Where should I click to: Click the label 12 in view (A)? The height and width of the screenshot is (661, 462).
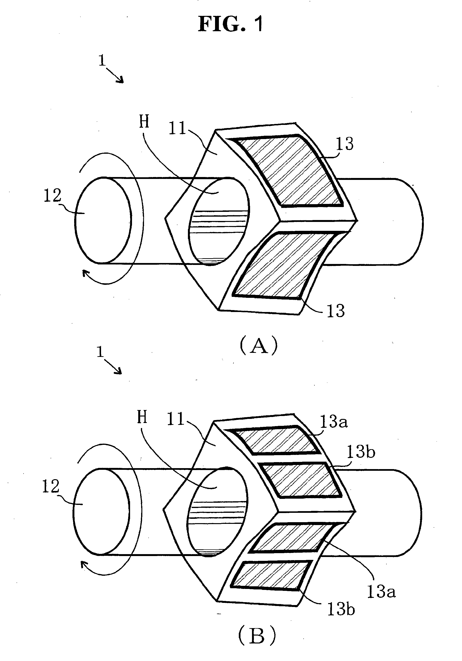coord(53,196)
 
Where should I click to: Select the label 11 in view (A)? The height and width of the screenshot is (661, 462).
coord(177,129)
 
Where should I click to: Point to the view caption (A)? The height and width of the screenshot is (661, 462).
coord(258,346)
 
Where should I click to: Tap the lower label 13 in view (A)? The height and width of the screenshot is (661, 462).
coord(336,311)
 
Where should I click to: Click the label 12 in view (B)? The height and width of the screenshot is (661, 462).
coord(51,487)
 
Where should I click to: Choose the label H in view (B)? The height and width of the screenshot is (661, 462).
coord(142,417)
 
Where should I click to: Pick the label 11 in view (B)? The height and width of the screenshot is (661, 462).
coord(175,419)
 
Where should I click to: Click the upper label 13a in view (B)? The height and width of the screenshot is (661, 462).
coord(334,422)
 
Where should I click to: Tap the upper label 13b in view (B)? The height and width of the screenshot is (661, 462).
coord(361,452)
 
